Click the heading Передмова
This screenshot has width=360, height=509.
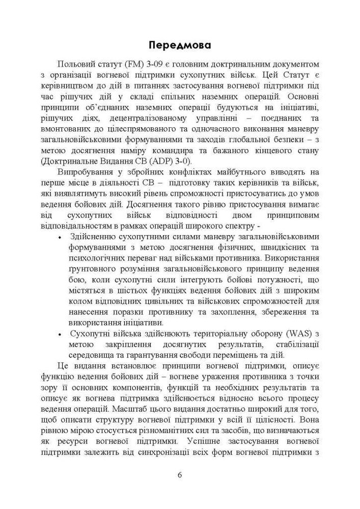point(180,45)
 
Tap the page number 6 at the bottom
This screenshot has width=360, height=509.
point(180,475)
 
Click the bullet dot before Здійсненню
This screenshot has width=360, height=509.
point(60,237)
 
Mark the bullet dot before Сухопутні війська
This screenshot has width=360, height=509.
point(60,334)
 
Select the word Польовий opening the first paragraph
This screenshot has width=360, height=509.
point(75,65)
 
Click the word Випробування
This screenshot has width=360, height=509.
point(86,172)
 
